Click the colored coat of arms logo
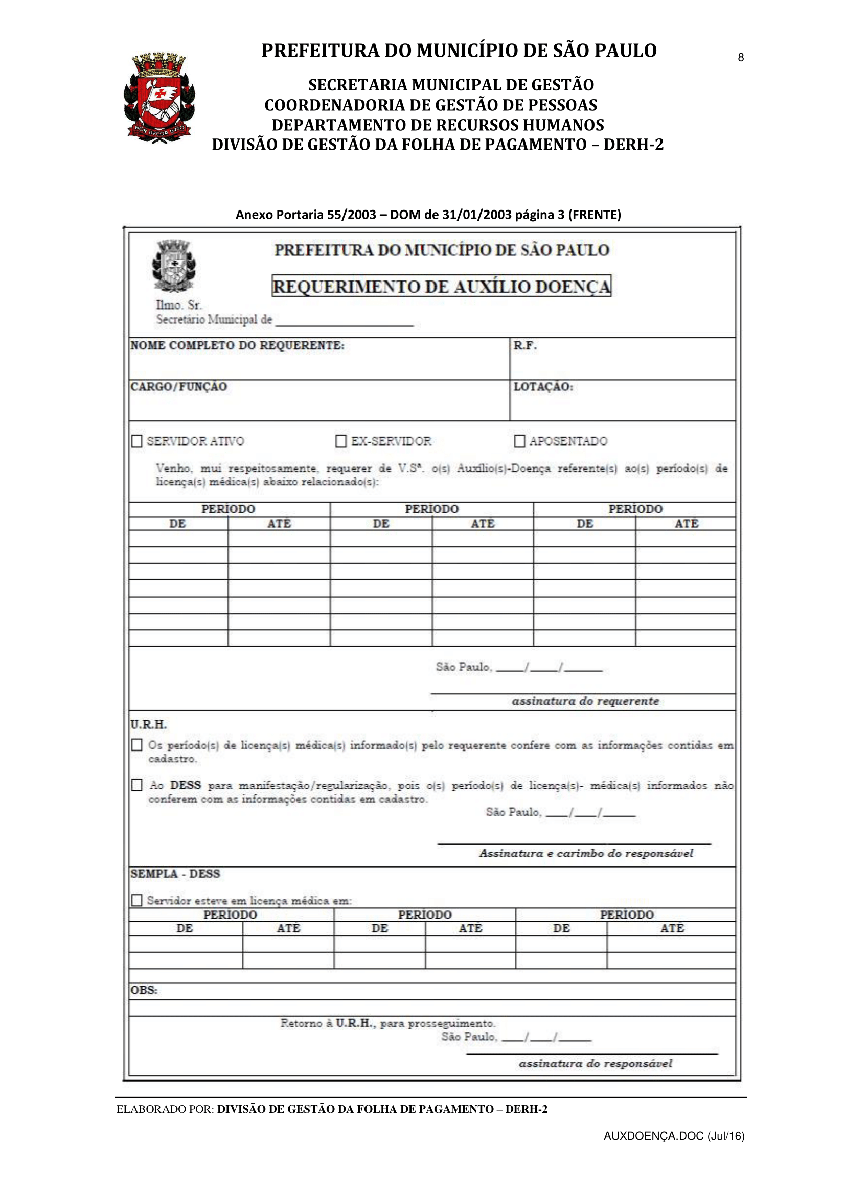click(x=159, y=98)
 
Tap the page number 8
click(x=740, y=58)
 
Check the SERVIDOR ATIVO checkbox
click(x=137, y=441)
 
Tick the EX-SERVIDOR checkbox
click(x=341, y=441)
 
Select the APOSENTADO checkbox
click(x=519, y=441)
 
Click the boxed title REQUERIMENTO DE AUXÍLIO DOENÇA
click(x=441, y=286)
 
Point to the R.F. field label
click(x=525, y=345)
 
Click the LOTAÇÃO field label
click(x=543, y=387)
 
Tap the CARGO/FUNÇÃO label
click(x=178, y=387)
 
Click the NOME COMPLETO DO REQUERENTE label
click(x=237, y=345)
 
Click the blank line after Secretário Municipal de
click(x=344, y=322)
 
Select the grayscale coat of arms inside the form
click(x=174, y=266)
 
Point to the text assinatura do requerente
click(x=585, y=701)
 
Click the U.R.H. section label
click(x=148, y=724)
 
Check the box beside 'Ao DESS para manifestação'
click(x=137, y=785)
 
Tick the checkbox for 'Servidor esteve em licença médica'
click(x=137, y=900)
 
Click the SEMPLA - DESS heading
click(x=175, y=874)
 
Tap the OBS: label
click(x=144, y=990)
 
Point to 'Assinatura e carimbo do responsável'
click(x=586, y=854)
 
